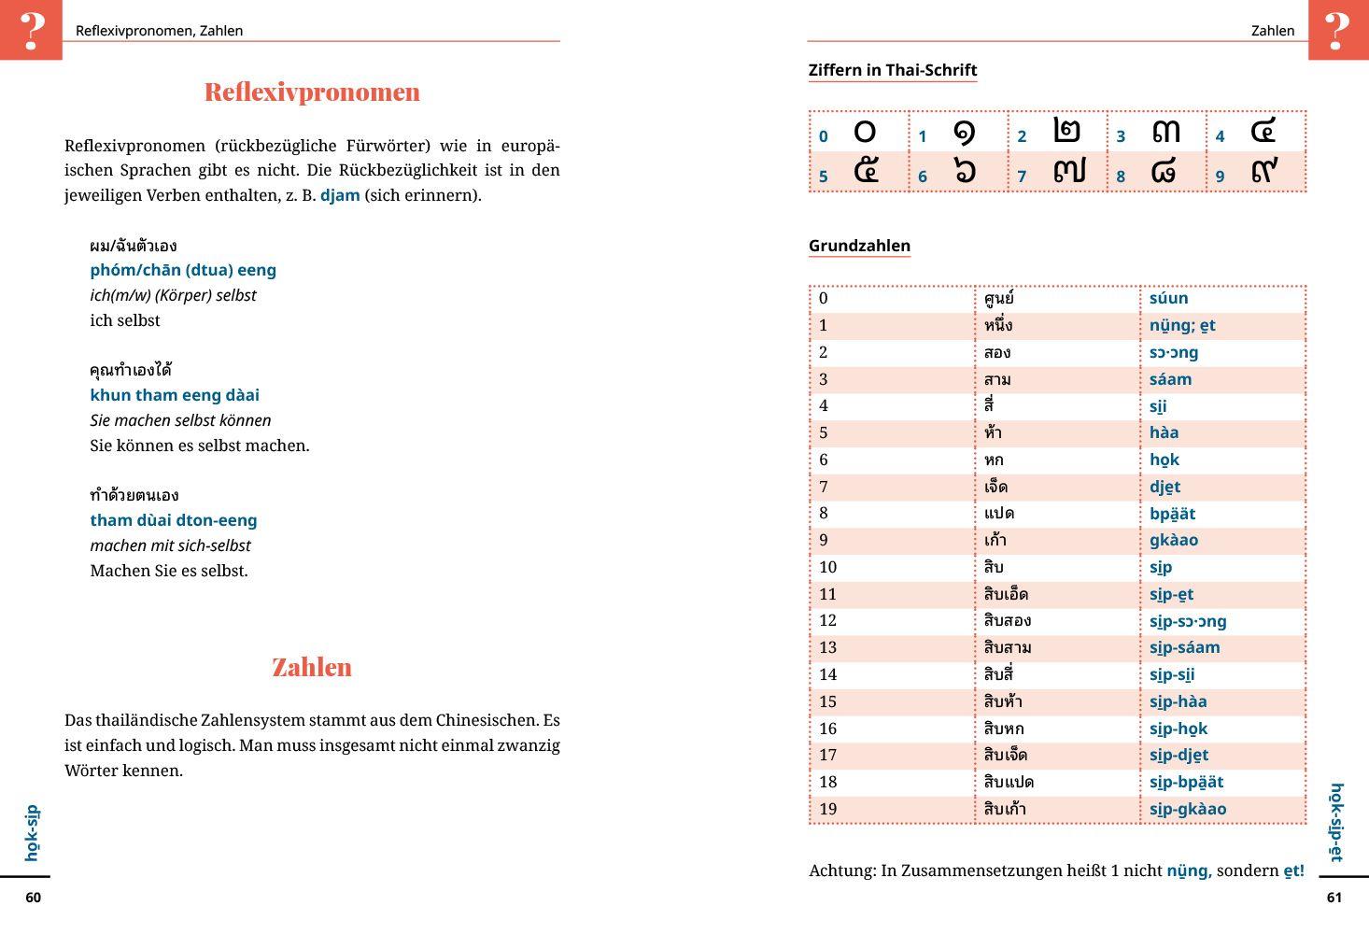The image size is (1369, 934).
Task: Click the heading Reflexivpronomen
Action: [312, 92]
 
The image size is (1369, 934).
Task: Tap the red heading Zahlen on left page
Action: [312, 667]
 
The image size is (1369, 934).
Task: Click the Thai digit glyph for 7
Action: [1069, 171]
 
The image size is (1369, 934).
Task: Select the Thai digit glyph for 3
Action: [1166, 131]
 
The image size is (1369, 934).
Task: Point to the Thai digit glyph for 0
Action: [866, 131]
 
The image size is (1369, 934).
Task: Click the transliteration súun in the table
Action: [1169, 299]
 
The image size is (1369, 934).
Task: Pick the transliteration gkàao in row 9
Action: [1174, 541]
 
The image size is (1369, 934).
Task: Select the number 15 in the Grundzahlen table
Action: [828, 702]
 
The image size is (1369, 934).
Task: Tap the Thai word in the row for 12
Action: [1008, 621]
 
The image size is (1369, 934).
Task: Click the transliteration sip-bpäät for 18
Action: [1186, 783]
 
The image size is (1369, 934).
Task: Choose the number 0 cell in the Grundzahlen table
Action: [824, 299]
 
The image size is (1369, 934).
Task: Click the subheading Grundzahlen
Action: [859, 246]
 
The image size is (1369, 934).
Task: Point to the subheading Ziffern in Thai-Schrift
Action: [892, 70]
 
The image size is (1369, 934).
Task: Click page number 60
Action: [34, 898]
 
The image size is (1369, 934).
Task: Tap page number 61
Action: [1334, 898]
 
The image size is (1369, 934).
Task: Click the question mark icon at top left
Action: [31, 30]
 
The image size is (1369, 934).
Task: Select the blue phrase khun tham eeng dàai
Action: [175, 396]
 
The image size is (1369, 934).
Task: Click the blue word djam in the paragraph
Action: [340, 196]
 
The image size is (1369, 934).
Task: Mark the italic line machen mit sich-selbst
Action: [170, 545]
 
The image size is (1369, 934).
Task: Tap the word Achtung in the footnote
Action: [841, 871]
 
